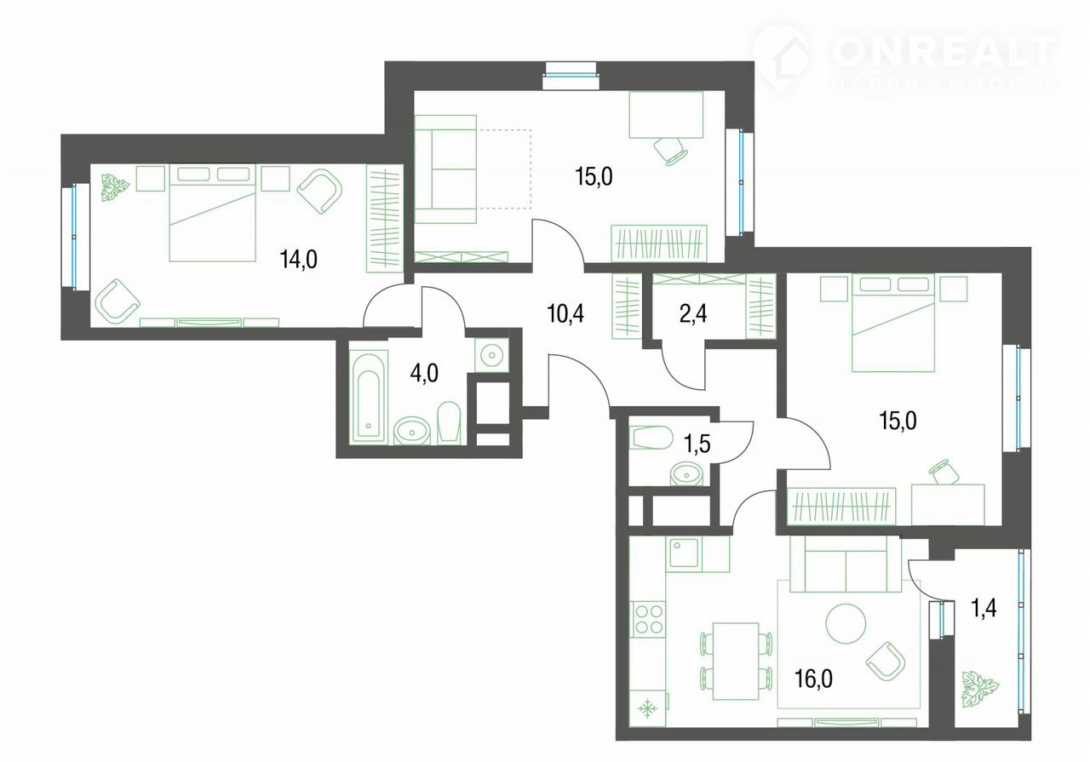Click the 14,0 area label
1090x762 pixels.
click(299, 259)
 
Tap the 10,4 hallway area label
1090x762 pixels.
click(565, 314)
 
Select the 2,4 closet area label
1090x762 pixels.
click(693, 314)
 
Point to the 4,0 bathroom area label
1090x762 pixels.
click(424, 374)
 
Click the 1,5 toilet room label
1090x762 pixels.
click(697, 444)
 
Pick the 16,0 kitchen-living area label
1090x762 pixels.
click(813, 679)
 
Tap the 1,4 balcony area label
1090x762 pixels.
click(984, 608)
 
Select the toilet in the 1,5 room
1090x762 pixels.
click(651, 438)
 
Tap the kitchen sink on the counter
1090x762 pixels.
click(684, 553)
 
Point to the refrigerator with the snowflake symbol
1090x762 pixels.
click(648, 708)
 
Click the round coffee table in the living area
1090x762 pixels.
click(846, 623)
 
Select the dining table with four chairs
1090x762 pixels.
click(736, 662)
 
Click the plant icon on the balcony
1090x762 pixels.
click(980, 689)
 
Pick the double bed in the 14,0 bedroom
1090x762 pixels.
click(212, 213)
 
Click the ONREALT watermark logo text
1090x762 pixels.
click(944, 52)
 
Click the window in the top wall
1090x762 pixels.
click(571, 76)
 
